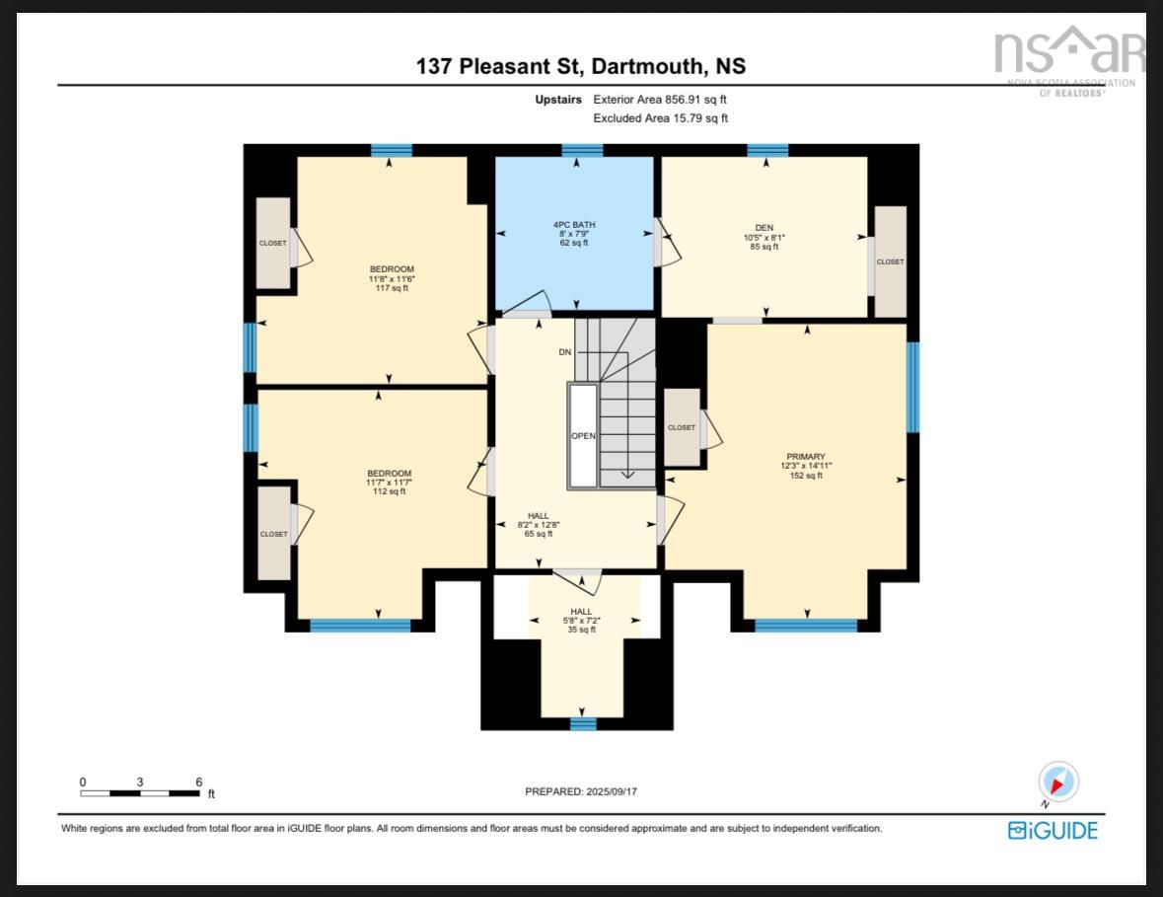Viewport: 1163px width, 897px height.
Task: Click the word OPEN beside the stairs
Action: click(x=583, y=436)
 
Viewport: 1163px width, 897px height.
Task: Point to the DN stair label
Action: click(x=565, y=352)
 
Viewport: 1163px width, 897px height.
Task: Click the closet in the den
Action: click(x=890, y=262)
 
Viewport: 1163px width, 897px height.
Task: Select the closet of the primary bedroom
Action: click(x=682, y=427)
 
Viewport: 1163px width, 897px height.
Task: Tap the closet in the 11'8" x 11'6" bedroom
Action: click(x=273, y=243)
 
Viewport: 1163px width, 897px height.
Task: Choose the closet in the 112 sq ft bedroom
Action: click(x=274, y=534)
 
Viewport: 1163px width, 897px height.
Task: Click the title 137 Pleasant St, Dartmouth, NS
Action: click(x=581, y=67)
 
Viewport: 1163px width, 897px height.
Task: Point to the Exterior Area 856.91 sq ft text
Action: click(x=659, y=100)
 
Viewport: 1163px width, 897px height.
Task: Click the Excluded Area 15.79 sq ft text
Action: click(x=660, y=118)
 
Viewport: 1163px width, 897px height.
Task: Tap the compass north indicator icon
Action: click(x=1058, y=783)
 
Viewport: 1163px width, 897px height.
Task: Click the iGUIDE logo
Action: click(x=1052, y=830)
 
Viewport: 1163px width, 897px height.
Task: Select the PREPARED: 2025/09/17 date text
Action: click(x=587, y=791)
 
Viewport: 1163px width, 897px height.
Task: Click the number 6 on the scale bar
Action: click(x=198, y=782)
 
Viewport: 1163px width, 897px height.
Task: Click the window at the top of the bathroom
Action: click(x=582, y=151)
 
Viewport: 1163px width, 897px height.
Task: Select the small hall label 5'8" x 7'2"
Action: click(x=581, y=620)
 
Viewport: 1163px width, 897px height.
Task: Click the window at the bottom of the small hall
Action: click(x=583, y=724)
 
